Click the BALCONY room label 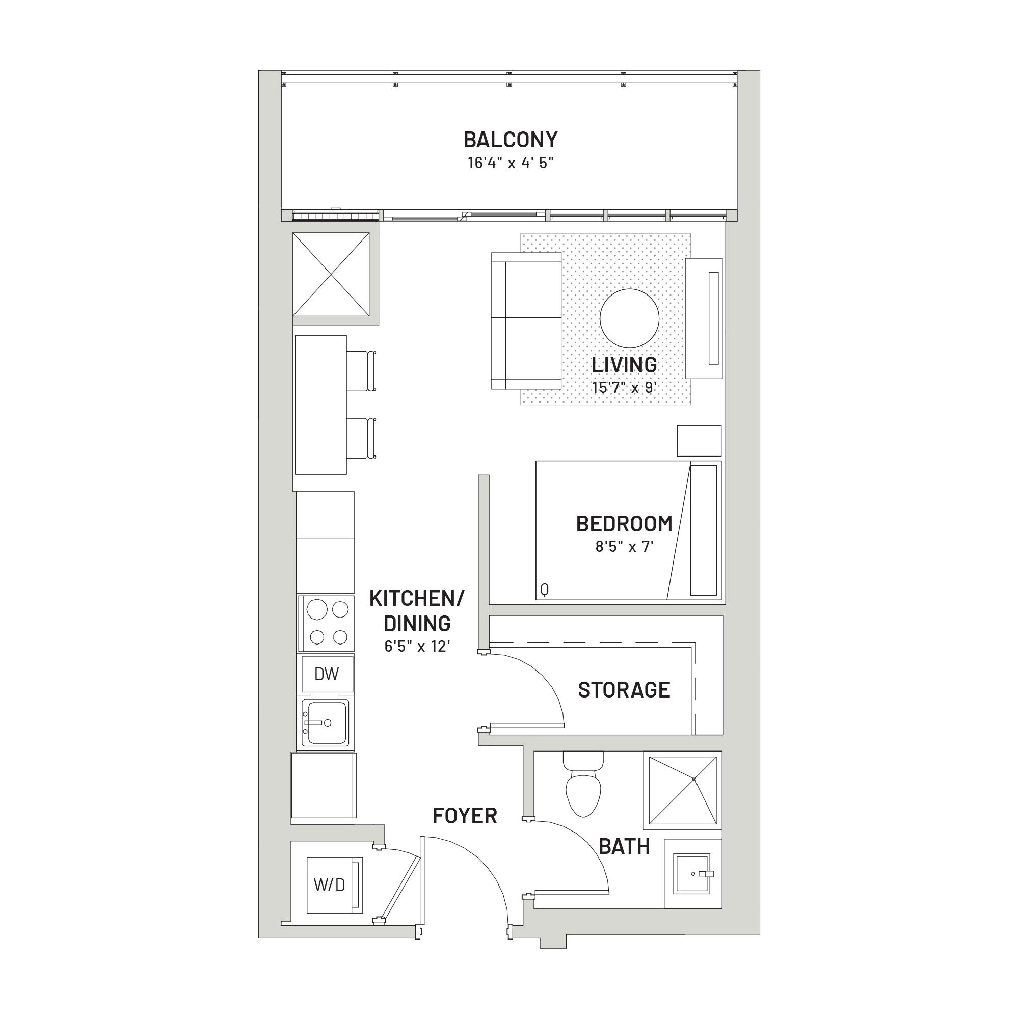pos(510,140)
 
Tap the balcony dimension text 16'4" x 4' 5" pos(510,163)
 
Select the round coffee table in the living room pos(629,318)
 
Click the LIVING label pos(624,365)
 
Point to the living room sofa pos(526,320)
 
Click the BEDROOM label pos(624,524)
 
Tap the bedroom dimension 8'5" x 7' pos(624,546)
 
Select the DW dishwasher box pos(327,674)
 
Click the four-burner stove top pos(326,623)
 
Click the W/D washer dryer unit pos(334,884)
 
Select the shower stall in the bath pos(683,790)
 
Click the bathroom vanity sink pos(693,873)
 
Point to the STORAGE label pos(624,690)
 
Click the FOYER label pos(465,816)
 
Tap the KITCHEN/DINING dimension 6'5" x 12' pos(417,646)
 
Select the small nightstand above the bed pos(699,441)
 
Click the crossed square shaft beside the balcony pos(331,274)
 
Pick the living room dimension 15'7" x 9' pos(624,388)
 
